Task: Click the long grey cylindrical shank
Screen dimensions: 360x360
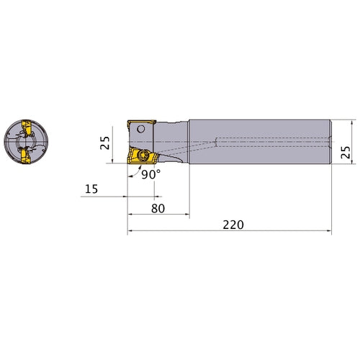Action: (259, 143)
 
